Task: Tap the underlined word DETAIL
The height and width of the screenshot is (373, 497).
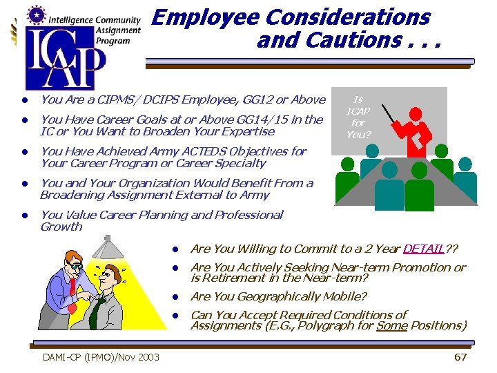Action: pos(423,249)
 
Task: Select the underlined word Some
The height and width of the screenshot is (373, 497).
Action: pos(391,325)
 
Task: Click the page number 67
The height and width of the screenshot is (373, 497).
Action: pos(460,356)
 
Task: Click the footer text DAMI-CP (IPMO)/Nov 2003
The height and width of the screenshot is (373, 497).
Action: pos(101,356)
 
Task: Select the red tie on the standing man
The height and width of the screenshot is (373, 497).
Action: pos(72,286)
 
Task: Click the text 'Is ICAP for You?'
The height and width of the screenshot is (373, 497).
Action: pos(358,117)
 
